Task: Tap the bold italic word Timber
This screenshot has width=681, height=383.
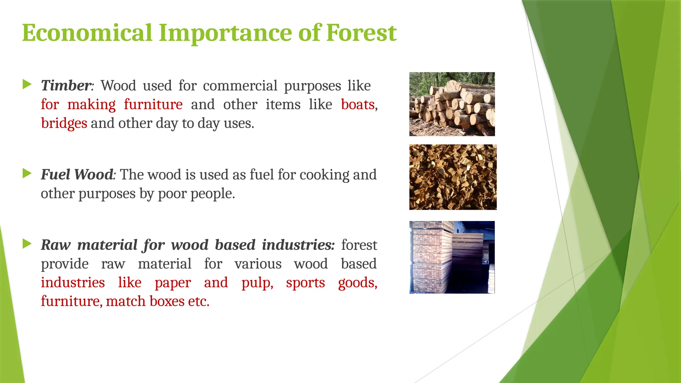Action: (x=66, y=86)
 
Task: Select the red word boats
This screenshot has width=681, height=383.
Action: (x=358, y=105)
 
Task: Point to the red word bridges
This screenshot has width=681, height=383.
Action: (x=64, y=123)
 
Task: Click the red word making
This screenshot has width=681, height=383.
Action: (x=91, y=105)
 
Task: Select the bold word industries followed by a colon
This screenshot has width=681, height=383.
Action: (x=298, y=245)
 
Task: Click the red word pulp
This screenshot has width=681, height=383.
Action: (x=257, y=283)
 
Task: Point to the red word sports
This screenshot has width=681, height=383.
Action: (x=305, y=283)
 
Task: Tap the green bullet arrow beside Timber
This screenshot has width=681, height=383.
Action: (x=27, y=84)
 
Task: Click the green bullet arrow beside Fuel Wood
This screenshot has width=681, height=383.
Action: (x=27, y=173)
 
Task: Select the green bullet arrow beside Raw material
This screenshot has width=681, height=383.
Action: (x=27, y=244)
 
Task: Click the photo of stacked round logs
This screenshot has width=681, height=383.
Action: (x=452, y=104)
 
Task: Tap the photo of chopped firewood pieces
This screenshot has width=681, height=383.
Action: (x=453, y=177)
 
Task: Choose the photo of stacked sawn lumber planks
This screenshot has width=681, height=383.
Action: (x=452, y=257)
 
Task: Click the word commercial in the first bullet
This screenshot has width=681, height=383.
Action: (x=240, y=86)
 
